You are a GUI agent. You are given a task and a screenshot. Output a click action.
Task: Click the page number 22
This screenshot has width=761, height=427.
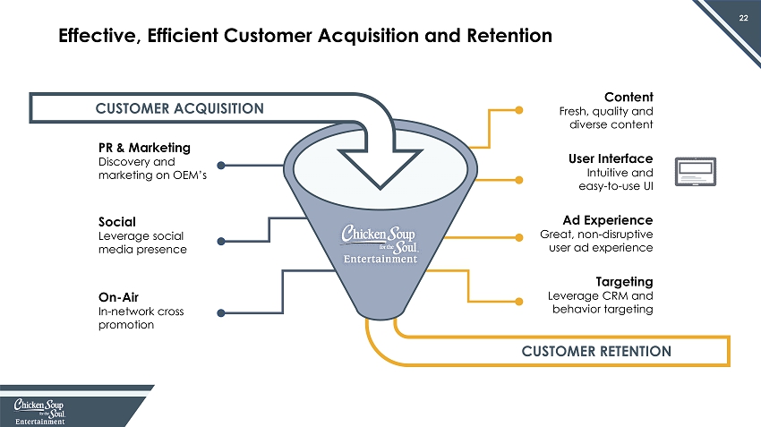click(743, 18)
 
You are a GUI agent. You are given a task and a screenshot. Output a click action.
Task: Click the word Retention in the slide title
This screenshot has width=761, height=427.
click(504, 37)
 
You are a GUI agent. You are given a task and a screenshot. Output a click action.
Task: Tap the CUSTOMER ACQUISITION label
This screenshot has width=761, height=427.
click(180, 108)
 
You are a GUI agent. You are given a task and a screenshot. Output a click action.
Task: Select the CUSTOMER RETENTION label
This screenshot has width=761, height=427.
click(597, 350)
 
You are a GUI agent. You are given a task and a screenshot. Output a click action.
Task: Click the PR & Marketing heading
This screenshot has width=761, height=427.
click(144, 147)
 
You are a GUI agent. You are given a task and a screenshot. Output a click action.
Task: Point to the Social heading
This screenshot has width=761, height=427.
click(118, 220)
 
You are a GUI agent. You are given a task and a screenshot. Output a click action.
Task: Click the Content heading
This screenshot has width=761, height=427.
click(628, 97)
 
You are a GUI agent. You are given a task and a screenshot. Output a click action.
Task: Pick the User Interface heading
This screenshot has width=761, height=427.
click(609, 158)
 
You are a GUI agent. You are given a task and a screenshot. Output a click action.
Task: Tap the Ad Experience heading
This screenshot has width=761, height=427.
click(607, 219)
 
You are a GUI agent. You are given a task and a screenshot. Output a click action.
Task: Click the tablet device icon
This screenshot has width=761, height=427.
click(697, 173)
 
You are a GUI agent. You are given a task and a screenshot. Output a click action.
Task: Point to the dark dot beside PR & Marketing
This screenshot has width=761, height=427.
click(221, 165)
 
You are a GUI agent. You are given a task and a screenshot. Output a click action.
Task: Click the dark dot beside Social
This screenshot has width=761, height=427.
click(221, 239)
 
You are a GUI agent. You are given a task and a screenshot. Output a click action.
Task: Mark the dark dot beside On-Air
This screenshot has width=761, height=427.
click(221, 313)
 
